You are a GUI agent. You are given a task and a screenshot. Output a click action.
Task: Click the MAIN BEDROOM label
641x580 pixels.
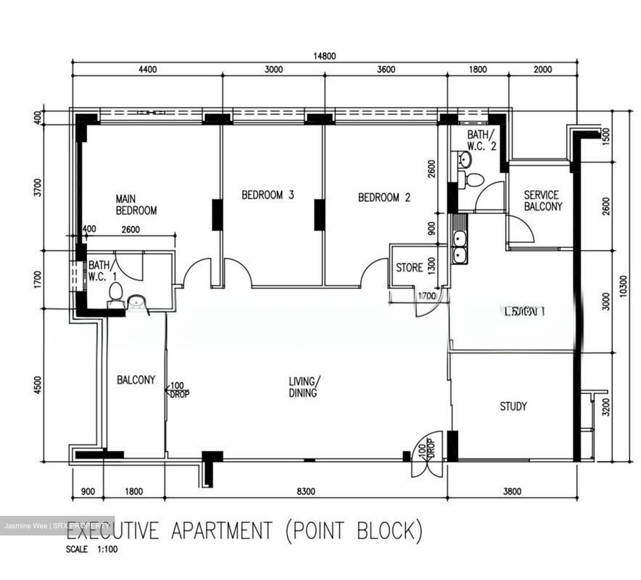pyautogui.click(x=136, y=204)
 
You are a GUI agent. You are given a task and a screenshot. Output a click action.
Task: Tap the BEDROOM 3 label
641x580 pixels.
pyautogui.click(x=268, y=195)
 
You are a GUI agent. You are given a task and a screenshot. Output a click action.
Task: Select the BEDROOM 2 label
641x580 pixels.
pyautogui.click(x=384, y=197)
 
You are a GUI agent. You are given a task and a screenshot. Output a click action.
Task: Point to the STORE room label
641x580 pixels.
pyautogui.click(x=409, y=268)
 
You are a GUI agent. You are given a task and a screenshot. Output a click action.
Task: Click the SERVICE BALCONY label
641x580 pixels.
pyautogui.click(x=542, y=201)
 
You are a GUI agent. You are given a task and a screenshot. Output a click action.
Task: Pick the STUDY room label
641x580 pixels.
pyautogui.click(x=513, y=406)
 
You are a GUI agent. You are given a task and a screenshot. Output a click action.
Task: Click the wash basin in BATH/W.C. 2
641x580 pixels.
pyautogui.click(x=465, y=158)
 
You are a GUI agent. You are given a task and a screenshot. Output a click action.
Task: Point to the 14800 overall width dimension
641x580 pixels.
pyautogui.click(x=325, y=56)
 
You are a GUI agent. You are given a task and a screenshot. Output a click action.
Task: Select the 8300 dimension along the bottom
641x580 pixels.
pyautogui.click(x=306, y=491)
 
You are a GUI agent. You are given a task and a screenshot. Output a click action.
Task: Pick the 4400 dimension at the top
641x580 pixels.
pyautogui.click(x=148, y=69)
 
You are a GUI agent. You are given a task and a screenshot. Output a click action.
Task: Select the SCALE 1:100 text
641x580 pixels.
pyautogui.click(x=92, y=549)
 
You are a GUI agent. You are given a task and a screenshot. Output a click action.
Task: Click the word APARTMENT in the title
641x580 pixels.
pyautogui.click(x=221, y=531)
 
